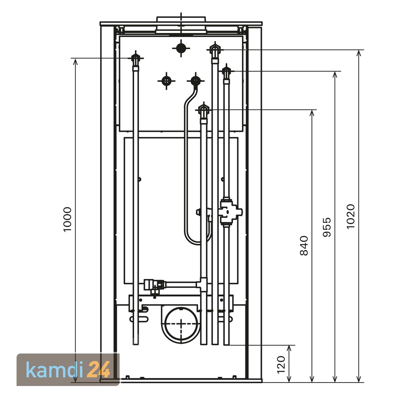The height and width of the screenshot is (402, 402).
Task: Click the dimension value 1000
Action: click(x=68, y=219)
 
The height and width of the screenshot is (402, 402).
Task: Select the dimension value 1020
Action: click(x=351, y=216)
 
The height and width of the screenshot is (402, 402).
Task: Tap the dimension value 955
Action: click(x=327, y=227)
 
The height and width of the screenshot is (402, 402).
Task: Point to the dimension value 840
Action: click(x=304, y=245)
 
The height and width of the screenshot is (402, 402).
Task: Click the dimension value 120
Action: click(x=281, y=364)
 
